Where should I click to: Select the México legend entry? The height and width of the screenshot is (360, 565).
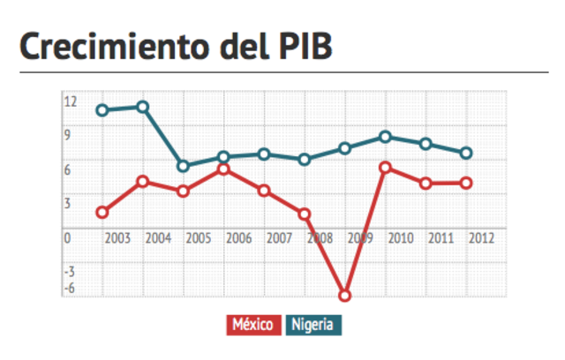pos(254,325)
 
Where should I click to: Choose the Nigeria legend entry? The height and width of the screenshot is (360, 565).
pos(313,325)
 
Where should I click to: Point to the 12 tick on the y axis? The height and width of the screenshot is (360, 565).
pos(70,101)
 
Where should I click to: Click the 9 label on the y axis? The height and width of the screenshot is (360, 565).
pos(67,135)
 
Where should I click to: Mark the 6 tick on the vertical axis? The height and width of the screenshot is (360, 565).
pos(67,169)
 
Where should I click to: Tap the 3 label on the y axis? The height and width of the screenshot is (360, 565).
pos(67,203)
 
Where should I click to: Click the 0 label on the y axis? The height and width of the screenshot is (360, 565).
pos(67,237)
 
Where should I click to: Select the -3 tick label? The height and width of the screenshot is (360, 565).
pos(69,270)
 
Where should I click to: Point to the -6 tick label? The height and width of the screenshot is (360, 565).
pos(69,288)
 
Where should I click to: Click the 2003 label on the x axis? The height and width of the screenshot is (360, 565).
pos(117,237)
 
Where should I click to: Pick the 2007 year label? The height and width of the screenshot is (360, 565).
pos(279,237)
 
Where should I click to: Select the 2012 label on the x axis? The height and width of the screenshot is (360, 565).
pos(481,237)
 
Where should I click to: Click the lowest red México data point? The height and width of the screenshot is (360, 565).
pos(345,296)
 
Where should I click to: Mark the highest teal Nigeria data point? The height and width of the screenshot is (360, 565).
pos(143,107)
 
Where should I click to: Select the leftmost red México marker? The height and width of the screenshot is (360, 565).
pos(102,212)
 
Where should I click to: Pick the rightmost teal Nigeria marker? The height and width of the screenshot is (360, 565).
pos(466,153)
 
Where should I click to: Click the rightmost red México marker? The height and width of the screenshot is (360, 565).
pos(466,183)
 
